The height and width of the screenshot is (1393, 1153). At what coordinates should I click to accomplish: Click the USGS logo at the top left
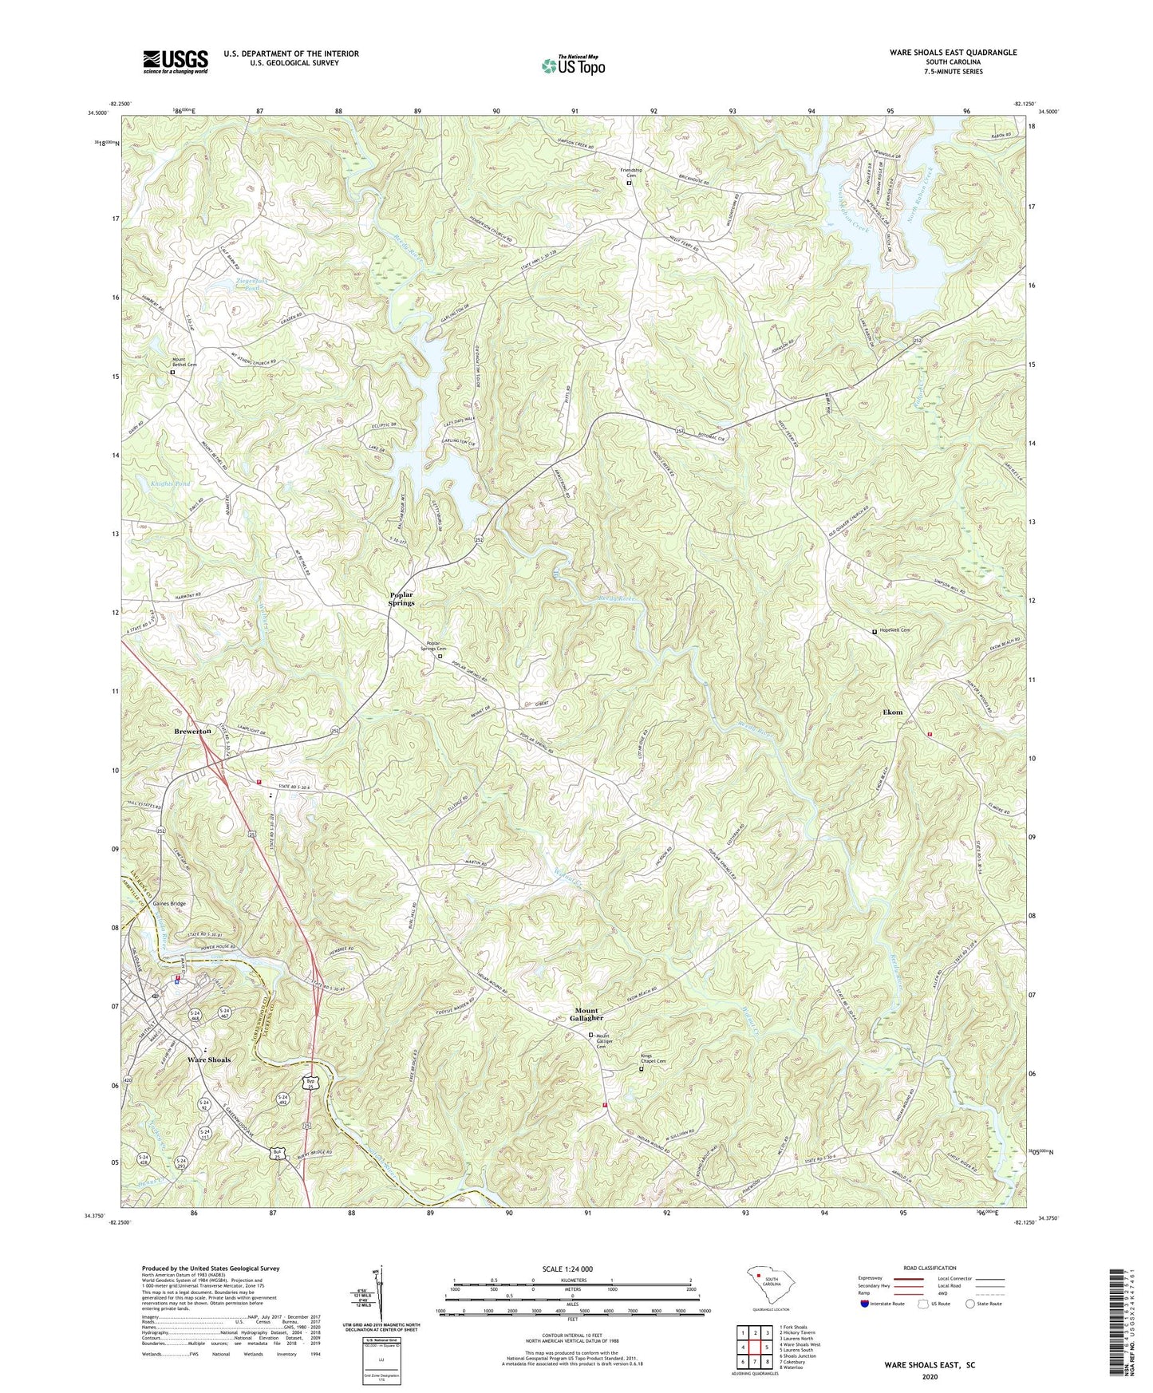175,61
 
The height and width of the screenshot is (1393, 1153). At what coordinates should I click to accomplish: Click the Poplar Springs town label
401,599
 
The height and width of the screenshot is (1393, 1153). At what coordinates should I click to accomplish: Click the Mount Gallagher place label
589,1014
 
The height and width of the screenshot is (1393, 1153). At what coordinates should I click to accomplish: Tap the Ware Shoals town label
208,1060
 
